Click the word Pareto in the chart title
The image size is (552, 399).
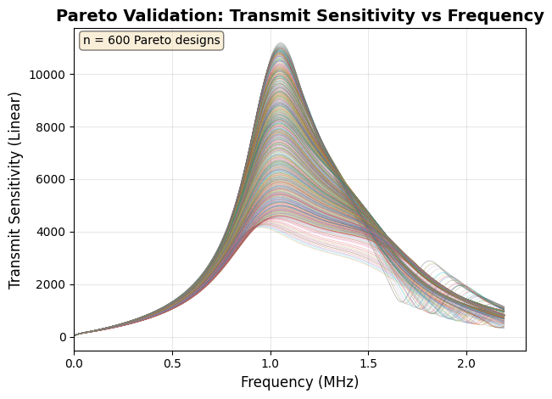(85, 16)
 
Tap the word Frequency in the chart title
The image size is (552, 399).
(495, 16)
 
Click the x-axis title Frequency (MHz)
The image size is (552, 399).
(299, 382)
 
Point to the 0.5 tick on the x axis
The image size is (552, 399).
(172, 363)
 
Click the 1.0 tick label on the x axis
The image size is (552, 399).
(270, 363)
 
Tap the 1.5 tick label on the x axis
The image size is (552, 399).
(368, 363)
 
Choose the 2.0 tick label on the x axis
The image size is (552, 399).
(466, 363)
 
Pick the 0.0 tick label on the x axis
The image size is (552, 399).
(75, 363)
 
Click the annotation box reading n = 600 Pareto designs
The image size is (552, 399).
(151, 41)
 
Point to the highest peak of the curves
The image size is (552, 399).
(281, 44)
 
